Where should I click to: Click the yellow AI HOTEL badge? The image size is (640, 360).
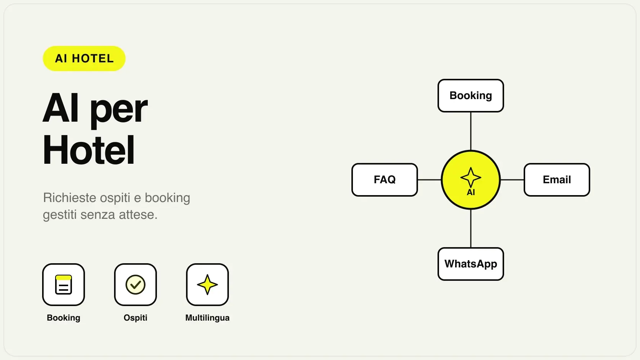pyautogui.click(x=84, y=59)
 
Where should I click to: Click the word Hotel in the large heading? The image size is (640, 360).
pyautogui.click(x=88, y=150)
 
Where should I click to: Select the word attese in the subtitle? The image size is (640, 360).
pyautogui.click(x=138, y=215)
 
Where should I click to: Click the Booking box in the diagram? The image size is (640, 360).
pyautogui.click(x=470, y=96)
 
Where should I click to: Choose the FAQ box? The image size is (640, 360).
pyautogui.click(x=385, y=180)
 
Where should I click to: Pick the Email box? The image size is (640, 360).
pyautogui.click(x=557, y=180)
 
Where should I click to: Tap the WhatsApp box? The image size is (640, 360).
pyautogui.click(x=470, y=264)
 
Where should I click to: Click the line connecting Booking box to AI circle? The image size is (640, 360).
pyautogui.click(x=471, y=131)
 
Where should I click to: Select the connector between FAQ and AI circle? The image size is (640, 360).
pyautogui.click(x=429, y=180)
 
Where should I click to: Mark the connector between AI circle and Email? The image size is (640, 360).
pyautogui.click(x=512, y=180)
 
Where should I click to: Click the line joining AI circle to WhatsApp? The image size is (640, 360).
pyautogui.click(x=471, y=229)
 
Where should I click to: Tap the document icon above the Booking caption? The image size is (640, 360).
pyautogui.click(x=64, y=285)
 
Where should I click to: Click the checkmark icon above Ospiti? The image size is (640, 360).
pyautogui.click(x=136, y=285)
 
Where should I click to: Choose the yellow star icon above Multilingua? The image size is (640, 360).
pyautogui.click(x=207, y=285)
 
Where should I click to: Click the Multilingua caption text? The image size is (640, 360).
pyautogui.click(x=207, y=318)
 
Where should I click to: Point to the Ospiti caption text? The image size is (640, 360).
pyautogui.click(x=136, y=318)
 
